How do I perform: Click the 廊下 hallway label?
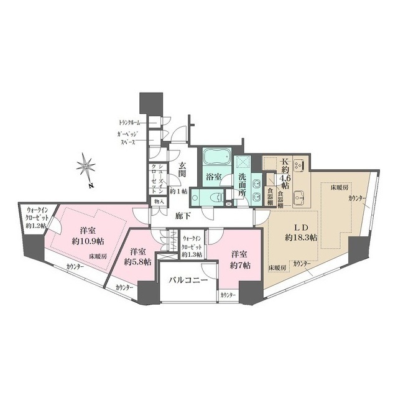coord(180,215)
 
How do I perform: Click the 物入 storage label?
coord(159,201)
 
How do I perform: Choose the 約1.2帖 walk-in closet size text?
coord(36,225)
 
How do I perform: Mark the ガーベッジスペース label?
coord(128,138)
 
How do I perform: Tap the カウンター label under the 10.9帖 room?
coord(79,268)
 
